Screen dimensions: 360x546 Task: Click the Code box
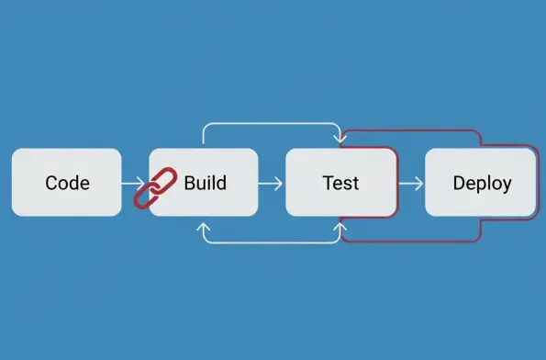pos(66,182)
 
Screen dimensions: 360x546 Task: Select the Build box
pos(204,182)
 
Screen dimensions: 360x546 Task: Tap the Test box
pos(340,182)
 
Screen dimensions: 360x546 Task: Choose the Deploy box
pos(481,182)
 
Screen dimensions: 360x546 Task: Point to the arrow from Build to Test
pos(271,183)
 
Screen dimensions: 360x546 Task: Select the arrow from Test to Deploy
pos(411,183)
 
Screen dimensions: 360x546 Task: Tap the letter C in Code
pos(51,183)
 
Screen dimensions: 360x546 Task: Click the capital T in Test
pos(328,182)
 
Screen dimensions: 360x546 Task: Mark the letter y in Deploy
pos(507,185)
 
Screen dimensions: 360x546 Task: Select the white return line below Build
pos(271,242)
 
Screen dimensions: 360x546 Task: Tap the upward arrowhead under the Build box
pos(203,225)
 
